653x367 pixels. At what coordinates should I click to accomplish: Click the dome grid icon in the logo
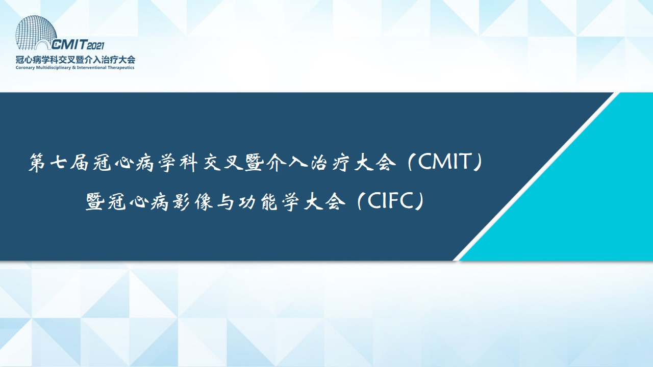point(35,32)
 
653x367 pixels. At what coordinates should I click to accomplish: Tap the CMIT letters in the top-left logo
point(69,44)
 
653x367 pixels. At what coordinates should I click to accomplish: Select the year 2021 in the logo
point(95,46)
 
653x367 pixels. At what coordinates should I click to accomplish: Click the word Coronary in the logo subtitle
point(25,68)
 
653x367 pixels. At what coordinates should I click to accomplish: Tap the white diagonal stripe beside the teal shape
point(536,176)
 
